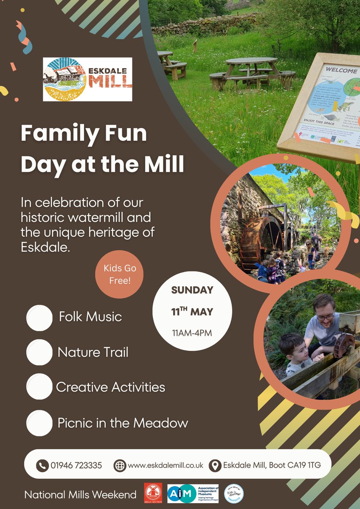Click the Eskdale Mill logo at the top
tap(87, 79)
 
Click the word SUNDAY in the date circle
tap(192, 291)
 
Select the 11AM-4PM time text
tap(192, 332)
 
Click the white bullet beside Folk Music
tap(39, 318)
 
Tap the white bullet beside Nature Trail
tap(39, 352)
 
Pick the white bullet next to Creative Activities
tap(39, 386)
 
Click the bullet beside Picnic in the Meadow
tap(39, 422)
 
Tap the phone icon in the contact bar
tap(42, 465)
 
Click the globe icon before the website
tap(120, 465)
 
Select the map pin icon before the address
tap(216, 465)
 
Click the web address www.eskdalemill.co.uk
tap(165, 465)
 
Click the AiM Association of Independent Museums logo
tap(193, 494)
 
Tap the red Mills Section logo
tap(153, 494)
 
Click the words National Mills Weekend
tap(80, 495)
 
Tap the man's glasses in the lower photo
tap(325, 316)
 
